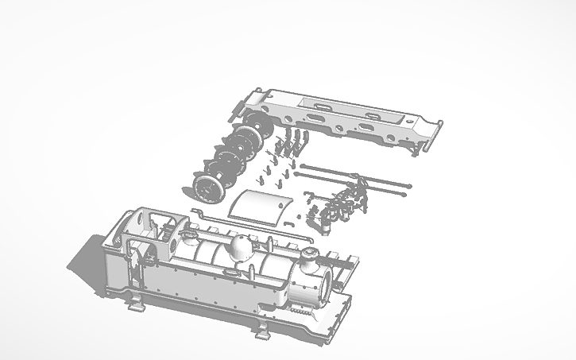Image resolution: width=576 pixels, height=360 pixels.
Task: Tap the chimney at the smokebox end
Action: [308, 257]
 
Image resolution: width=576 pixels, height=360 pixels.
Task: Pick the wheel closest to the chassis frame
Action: [257, 125]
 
